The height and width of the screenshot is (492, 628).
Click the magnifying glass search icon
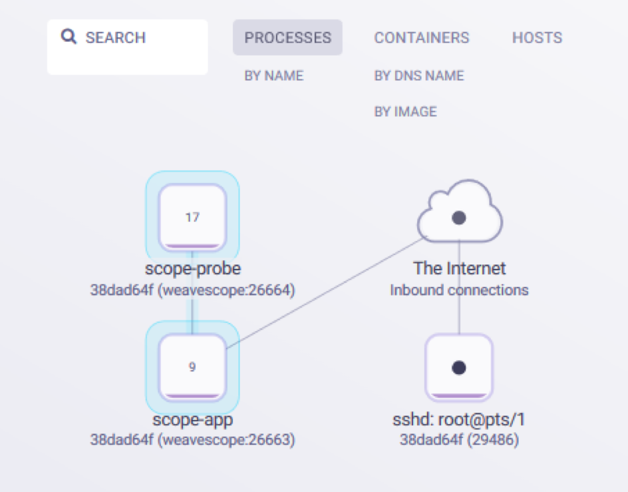(69, 37)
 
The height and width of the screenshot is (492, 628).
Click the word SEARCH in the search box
(115, 37)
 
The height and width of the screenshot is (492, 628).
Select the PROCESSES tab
(287, 38)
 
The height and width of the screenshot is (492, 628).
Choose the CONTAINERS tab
(421, 38)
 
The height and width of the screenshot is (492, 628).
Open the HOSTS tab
(537, 38)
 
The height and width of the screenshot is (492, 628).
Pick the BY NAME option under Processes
(273, 76)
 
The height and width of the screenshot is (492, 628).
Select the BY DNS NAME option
(418, 76)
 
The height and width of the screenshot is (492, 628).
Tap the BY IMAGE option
(405, 112)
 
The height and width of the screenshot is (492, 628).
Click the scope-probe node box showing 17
(192, 217)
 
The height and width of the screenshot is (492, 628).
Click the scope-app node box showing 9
(192, 367)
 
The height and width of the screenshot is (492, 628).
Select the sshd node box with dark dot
(458, 367)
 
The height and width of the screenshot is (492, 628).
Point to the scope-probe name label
(192, 269)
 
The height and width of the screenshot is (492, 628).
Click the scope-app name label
(192, 419)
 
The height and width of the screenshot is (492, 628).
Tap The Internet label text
(459, 269)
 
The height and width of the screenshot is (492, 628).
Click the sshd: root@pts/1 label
(459, 419)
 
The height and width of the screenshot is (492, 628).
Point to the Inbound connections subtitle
(459, 290)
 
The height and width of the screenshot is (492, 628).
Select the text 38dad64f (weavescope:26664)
(192, 290)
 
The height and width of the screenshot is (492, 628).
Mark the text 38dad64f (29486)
(459, 440)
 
